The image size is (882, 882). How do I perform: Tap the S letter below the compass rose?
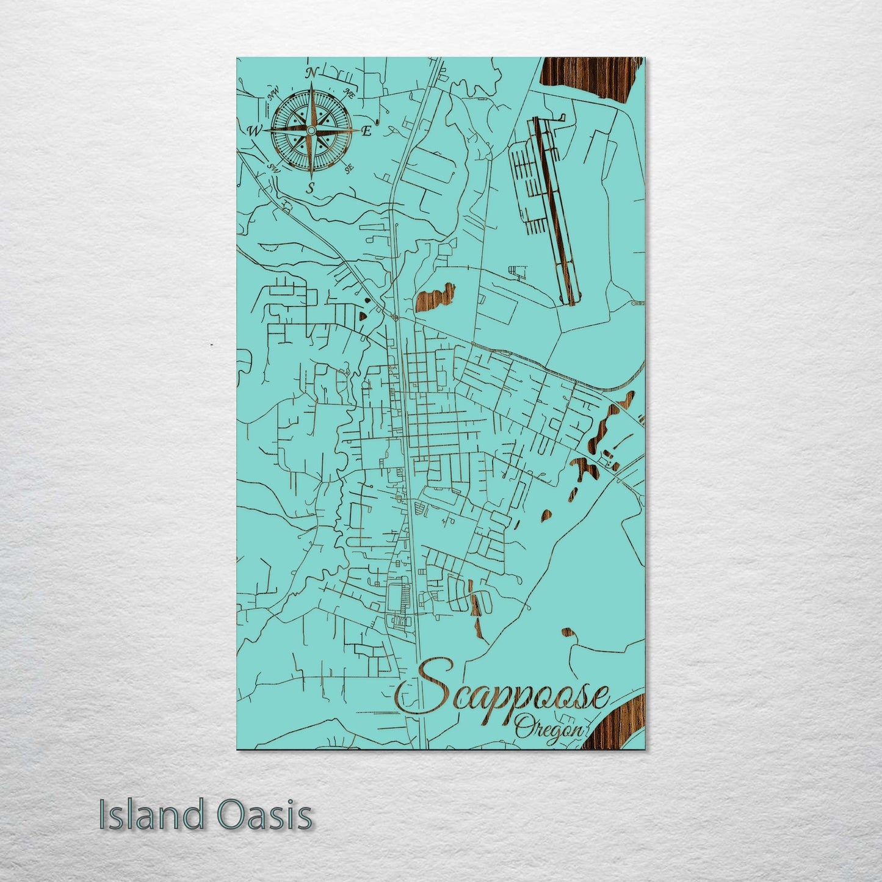click(310, 187)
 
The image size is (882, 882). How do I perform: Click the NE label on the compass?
click(350, 93)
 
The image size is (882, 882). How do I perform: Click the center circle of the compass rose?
click(311, 130)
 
